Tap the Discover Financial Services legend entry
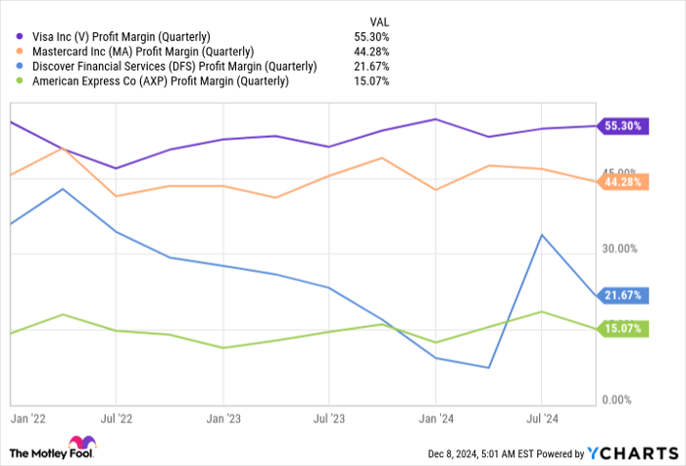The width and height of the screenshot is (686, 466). [x=174, y=66]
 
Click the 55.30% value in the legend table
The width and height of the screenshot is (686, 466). [x=373, y=36]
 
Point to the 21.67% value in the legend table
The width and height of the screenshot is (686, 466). [x=373, y=66]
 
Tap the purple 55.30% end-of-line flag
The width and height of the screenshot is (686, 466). [x=623, y=125]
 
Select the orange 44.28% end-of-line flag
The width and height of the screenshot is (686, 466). [x=623, y=181]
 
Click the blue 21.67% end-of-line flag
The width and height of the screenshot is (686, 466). [x=623, y=295]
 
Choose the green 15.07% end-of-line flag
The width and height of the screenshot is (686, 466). [x=623, y=329]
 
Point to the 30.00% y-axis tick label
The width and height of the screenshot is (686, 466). [x=621, y=249]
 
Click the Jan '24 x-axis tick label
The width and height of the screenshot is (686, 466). [x=436, y=416]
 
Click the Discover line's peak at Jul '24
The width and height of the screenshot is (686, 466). [x=541, y=235]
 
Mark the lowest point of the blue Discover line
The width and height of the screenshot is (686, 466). [x=488, y=368]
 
